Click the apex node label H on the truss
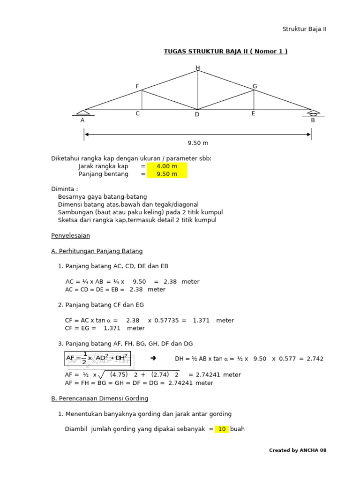[x=198, y=68]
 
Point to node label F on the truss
[x=137, y=86]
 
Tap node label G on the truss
[x=255, y=86]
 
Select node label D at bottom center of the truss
[x=197, y=114]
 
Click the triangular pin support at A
[x=83, y=112]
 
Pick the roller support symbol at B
[x=313, y=113]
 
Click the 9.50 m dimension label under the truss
[x=198, y=143]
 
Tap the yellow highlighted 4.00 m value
[x=167, y=166]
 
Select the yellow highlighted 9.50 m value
[x=167, y=174]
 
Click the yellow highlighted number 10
[x=222, y=429]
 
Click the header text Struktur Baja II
[x=304, y=29]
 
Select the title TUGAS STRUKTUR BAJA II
[x=225, y=52]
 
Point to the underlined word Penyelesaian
[x=70, y=235]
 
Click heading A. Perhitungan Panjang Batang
[x=97, y=251]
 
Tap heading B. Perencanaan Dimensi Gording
[x=99, y=398]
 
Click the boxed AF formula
[x=97, y=358]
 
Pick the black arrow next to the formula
[x=153, y=358]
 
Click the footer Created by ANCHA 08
[x=298, y=450]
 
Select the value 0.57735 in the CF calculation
[x=167, y=321]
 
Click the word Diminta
[x=64, y=189]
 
